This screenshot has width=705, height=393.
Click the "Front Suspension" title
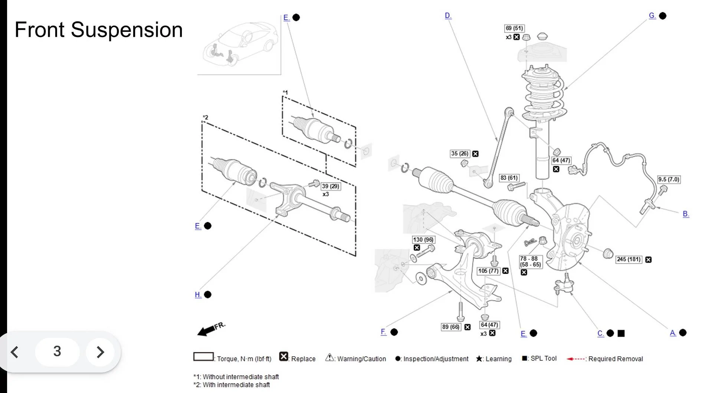tap(98, 30)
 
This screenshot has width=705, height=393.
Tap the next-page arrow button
tap(100, 352)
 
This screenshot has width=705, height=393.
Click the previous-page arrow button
tap(15, 352)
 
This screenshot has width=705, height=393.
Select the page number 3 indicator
tap(57, 351)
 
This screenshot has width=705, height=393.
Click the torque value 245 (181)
tap(629, 260)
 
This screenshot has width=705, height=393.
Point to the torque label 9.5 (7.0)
tap(669, 179)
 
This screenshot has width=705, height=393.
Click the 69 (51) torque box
tap(514, 28)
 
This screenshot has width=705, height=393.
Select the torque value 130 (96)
tap(423, 240)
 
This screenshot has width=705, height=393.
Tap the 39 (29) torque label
tap(330, 186)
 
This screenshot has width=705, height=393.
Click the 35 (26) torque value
tap(460, 153)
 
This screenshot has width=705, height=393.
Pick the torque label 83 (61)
tap(509, 178)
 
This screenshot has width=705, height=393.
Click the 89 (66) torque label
tap(450, 327)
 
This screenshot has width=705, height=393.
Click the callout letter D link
tap(448, 16)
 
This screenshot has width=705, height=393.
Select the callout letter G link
tap(652, 16)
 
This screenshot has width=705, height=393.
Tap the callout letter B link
tap(686, 214)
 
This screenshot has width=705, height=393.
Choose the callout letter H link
tap(198, 295)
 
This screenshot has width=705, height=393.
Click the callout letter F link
tap(383, 332)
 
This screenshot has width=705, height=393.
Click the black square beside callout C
tap(621, 333)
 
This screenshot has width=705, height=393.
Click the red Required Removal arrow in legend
tap(576, 359)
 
